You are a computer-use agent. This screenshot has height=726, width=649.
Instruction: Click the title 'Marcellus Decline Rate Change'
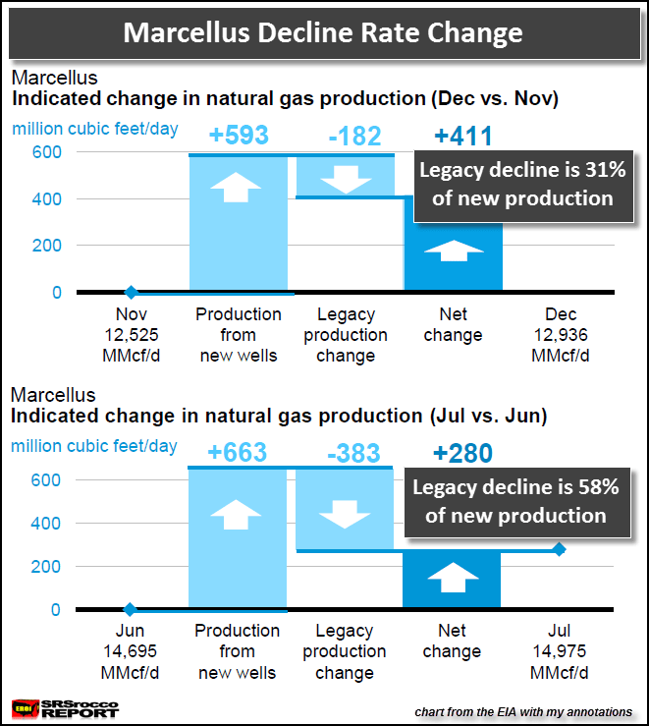[x=324, y=33]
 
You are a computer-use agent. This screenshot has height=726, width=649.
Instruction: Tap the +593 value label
[x=240, y=136]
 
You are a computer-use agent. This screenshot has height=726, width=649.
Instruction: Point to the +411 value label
[x=462, y=136]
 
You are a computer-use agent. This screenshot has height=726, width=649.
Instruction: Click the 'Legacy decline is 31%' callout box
[x=516, y=184]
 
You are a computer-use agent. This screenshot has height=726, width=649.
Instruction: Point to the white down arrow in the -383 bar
[x=345, y=515]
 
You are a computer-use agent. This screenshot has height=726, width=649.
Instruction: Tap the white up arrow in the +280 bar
[x=452, y=579]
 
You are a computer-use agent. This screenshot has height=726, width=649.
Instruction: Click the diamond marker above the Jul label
[x=560, y=550]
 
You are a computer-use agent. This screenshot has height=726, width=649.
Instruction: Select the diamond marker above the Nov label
[x=131, y=292]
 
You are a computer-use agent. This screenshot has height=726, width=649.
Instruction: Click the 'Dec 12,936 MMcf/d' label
[x=561, y=335]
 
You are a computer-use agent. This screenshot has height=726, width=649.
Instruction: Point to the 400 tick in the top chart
[x=49, y=199]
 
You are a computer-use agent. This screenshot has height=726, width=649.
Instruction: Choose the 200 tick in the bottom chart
[x=49, y=567]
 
